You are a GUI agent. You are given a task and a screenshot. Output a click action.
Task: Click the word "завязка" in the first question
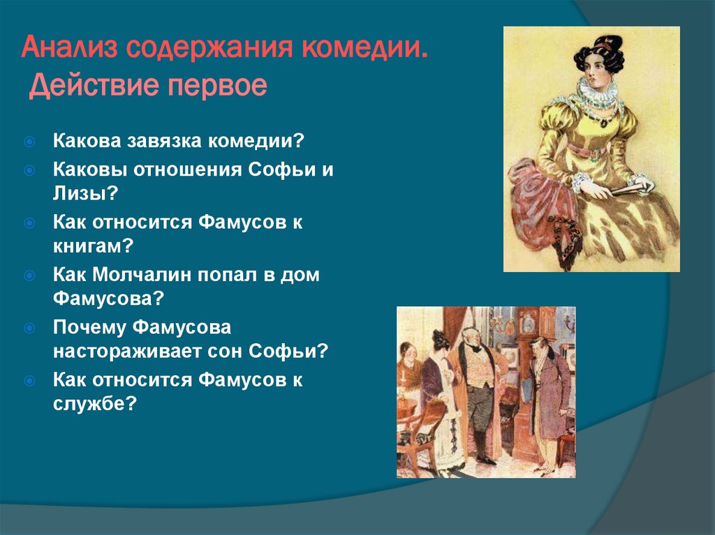point(161,141)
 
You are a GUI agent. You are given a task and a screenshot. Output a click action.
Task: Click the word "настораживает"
point(126,350)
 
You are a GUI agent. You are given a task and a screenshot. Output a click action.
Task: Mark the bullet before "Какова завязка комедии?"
point(30,142)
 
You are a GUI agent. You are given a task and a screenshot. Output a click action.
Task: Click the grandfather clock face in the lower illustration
point(528,323)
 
